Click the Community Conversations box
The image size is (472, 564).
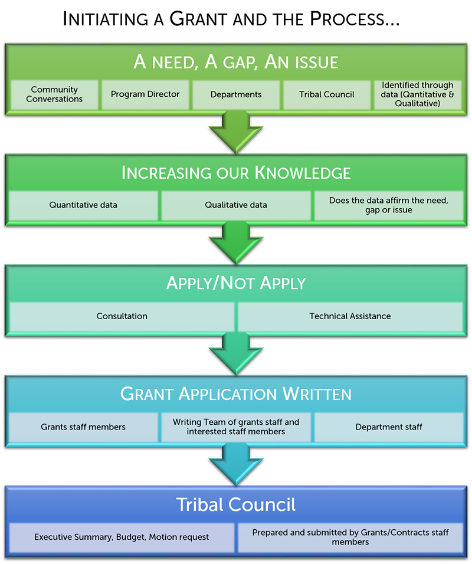54,94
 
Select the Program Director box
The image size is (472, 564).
145,94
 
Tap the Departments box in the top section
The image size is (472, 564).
236,94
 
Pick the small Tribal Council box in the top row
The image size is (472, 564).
327,94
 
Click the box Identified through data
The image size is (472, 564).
418,94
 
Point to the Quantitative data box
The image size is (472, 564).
83,205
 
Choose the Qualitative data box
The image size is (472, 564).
236,205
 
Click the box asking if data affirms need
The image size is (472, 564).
388,205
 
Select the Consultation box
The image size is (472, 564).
122,316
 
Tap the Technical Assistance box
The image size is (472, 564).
350,316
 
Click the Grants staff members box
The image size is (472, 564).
83,427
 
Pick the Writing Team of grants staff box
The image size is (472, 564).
236,427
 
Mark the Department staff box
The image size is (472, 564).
389,427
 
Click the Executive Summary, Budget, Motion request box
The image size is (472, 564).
122,537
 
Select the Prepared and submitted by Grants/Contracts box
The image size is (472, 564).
350,537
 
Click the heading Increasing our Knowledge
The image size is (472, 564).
236,173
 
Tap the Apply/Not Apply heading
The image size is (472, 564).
236,283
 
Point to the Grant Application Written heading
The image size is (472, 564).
236,394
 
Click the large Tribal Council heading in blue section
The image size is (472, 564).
236,505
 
